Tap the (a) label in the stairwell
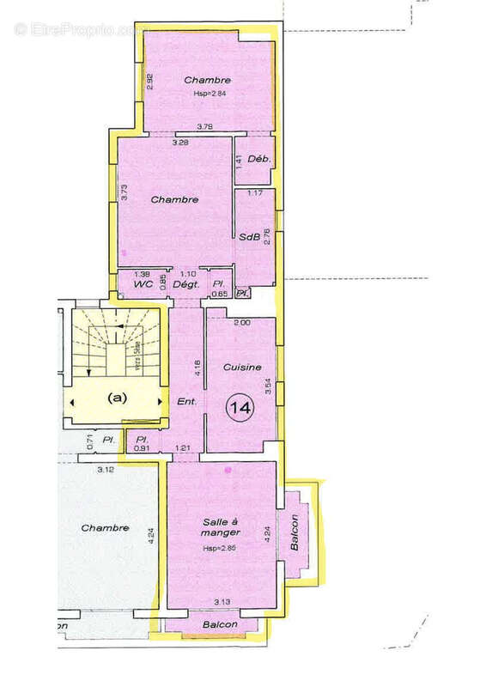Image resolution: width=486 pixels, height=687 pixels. pyautogui.click(x=117, y=398)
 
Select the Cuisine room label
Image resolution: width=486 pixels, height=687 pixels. pyautogui.click(x=241, y=368)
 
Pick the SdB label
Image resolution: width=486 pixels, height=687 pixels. pyautogui.click(x=249, y=237)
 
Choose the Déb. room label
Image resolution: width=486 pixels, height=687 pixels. pyautogui.click(x=258, y=159)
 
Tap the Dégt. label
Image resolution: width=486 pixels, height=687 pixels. pyautogui.click(x=186, y=283)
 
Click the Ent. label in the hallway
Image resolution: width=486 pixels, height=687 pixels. pyautogui.click(x=186, y=401)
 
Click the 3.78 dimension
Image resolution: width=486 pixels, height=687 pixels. pyautogui.click(x=205, y=127)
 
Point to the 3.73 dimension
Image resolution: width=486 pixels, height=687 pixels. pyautogui.click(x=124, y=193)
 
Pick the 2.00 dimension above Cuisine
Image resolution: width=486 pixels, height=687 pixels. pyautogui.click(x=242, y=323)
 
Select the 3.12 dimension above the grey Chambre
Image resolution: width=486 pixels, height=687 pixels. pyautogui.click(x=106, y=470)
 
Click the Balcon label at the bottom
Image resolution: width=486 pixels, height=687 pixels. pyautogui.click(x=221, y=624)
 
